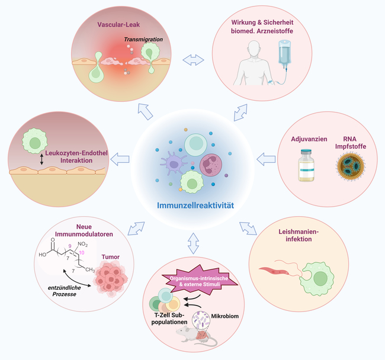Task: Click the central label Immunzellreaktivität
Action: [x=196, y=207]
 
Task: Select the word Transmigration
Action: [x=144, y=40]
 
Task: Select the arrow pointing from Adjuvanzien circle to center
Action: [x=267, y=158]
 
